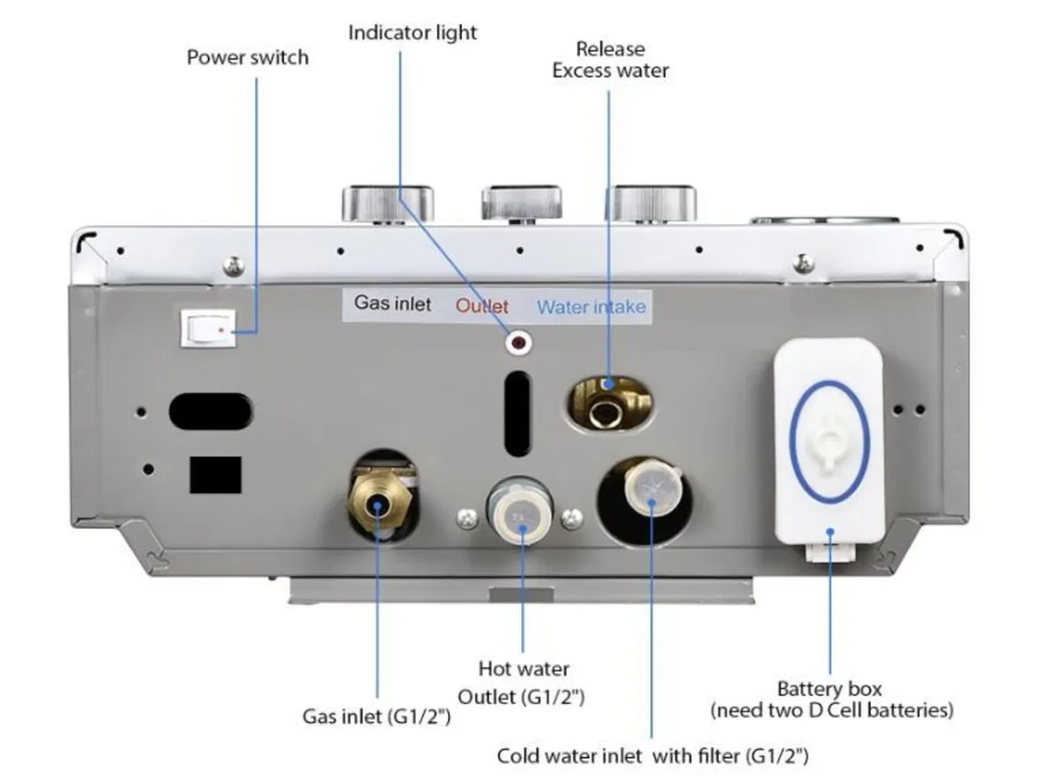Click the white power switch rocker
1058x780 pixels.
(210, 330)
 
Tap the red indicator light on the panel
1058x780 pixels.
(518, 341)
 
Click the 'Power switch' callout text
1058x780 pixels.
(248, 58)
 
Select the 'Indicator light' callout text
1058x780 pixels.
(412, 34)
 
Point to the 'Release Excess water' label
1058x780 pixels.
(610, 60)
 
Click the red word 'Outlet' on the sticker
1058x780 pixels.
(482, 307)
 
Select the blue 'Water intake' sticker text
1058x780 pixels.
(591, 307)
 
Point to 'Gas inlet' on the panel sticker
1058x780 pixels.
(393, 304)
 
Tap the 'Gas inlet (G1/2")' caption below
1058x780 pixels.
(376, 716)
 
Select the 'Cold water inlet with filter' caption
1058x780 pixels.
(652, 756)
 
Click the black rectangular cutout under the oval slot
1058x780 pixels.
(215, 475)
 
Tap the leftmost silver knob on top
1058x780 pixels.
(388, 203)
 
